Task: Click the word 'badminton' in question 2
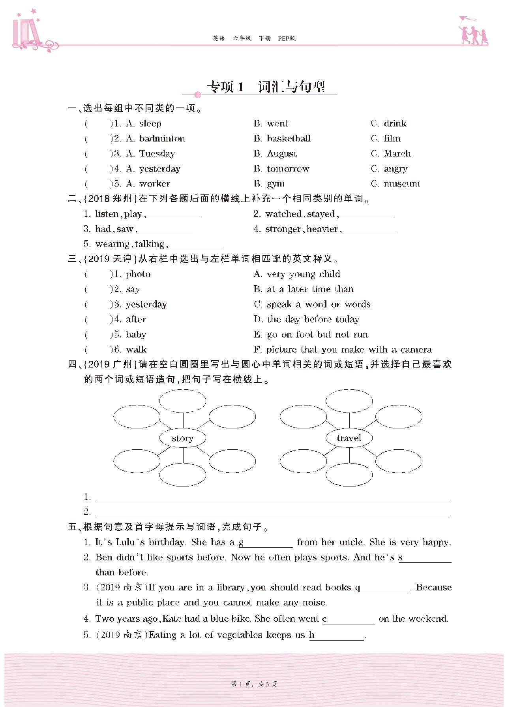point(162,139)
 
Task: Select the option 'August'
point(282,154)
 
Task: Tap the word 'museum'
point(401,184)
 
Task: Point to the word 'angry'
point(396,169)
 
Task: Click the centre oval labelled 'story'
point(182,438)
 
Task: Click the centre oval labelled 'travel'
point(349,438)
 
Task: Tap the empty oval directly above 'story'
point(182,401)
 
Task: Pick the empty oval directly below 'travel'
point(349,474)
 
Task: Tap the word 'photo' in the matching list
point(138,274)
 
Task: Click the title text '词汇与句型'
point(291,87)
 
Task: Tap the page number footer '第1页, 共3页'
point(254,684)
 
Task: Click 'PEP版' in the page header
point(287,38)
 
